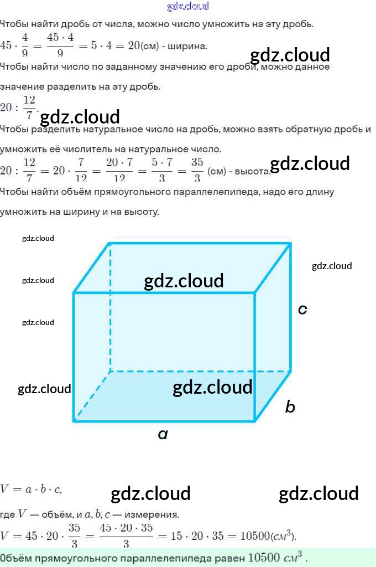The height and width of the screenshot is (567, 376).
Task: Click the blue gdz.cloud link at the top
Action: coord(188,6)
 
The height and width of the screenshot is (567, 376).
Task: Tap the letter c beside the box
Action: coord(302,310)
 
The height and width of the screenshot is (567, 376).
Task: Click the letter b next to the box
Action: coord(290,408)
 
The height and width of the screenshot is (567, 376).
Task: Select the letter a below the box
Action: coord(163,435)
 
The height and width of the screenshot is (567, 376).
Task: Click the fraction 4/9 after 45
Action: coord(24,45)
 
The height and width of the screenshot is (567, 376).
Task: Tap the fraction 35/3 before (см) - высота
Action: coord(197,170)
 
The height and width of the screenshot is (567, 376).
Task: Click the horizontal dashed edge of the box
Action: coord(199,372)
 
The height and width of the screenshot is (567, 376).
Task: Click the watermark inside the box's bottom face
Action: coord(212,387)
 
